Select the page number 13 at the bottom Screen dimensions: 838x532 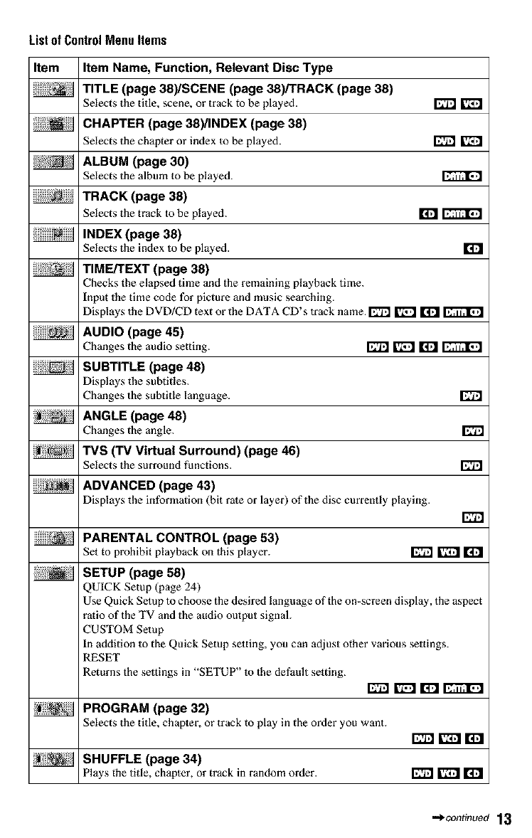pos(504,819)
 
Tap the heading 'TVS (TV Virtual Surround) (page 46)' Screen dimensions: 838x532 pos(191,450)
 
